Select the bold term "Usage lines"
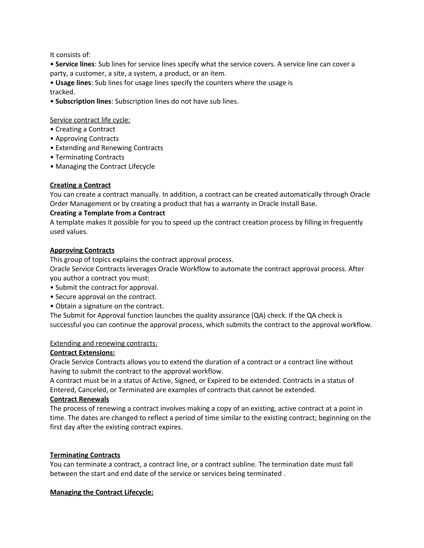tap(73, 83)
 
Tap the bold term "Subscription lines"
tap(83, 101)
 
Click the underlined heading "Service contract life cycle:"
tap(90, 120)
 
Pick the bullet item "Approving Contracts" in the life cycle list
tap(87, 139)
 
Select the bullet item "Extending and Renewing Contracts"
tap(109, 148)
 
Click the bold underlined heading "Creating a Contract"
tap(80, 185)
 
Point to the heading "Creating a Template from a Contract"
tap(107, 213)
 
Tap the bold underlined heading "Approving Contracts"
tap(82, 250)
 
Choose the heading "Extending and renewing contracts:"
tap(104, 343)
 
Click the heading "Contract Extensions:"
tap(82, 353)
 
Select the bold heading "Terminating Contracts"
tap(85, 455)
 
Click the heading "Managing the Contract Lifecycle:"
tap(101, 492)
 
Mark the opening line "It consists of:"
tap(70, 55)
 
